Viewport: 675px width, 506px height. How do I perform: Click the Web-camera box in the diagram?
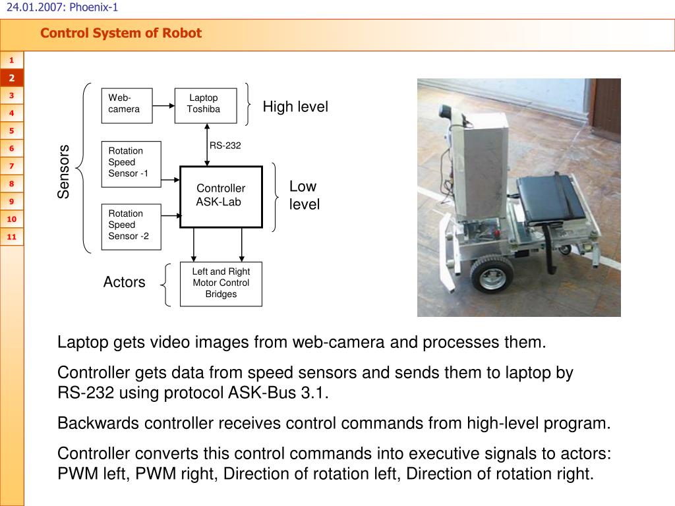(x=127, y=106)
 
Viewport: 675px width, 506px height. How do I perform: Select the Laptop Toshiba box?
(x=206, y=106)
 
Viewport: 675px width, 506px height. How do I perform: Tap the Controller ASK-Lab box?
(x=221, y=196)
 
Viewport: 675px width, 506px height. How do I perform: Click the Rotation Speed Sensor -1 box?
(x=131, y=164)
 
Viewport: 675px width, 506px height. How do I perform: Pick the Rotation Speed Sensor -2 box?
(x=131, y=227)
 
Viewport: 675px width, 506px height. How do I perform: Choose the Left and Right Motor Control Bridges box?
(x=221, y=284)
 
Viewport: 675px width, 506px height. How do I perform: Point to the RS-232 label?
(x=225, y=146)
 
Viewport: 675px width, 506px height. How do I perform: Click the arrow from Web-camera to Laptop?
(x=163, y=106)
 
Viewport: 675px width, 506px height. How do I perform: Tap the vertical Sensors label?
(x=63, y=171)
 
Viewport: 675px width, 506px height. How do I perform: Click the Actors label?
(x=124, y=282)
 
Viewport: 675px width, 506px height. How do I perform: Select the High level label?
(x=295, y=106)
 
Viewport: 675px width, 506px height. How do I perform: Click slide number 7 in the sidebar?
(x=12, y=166)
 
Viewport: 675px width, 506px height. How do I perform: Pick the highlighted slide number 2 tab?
(x=12, y=78)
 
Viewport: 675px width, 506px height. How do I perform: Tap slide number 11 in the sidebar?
(x=12, y=237)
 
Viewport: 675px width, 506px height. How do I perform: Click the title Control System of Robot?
(x=121, y=33)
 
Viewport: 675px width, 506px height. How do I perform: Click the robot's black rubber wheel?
(x=492, y=275)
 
